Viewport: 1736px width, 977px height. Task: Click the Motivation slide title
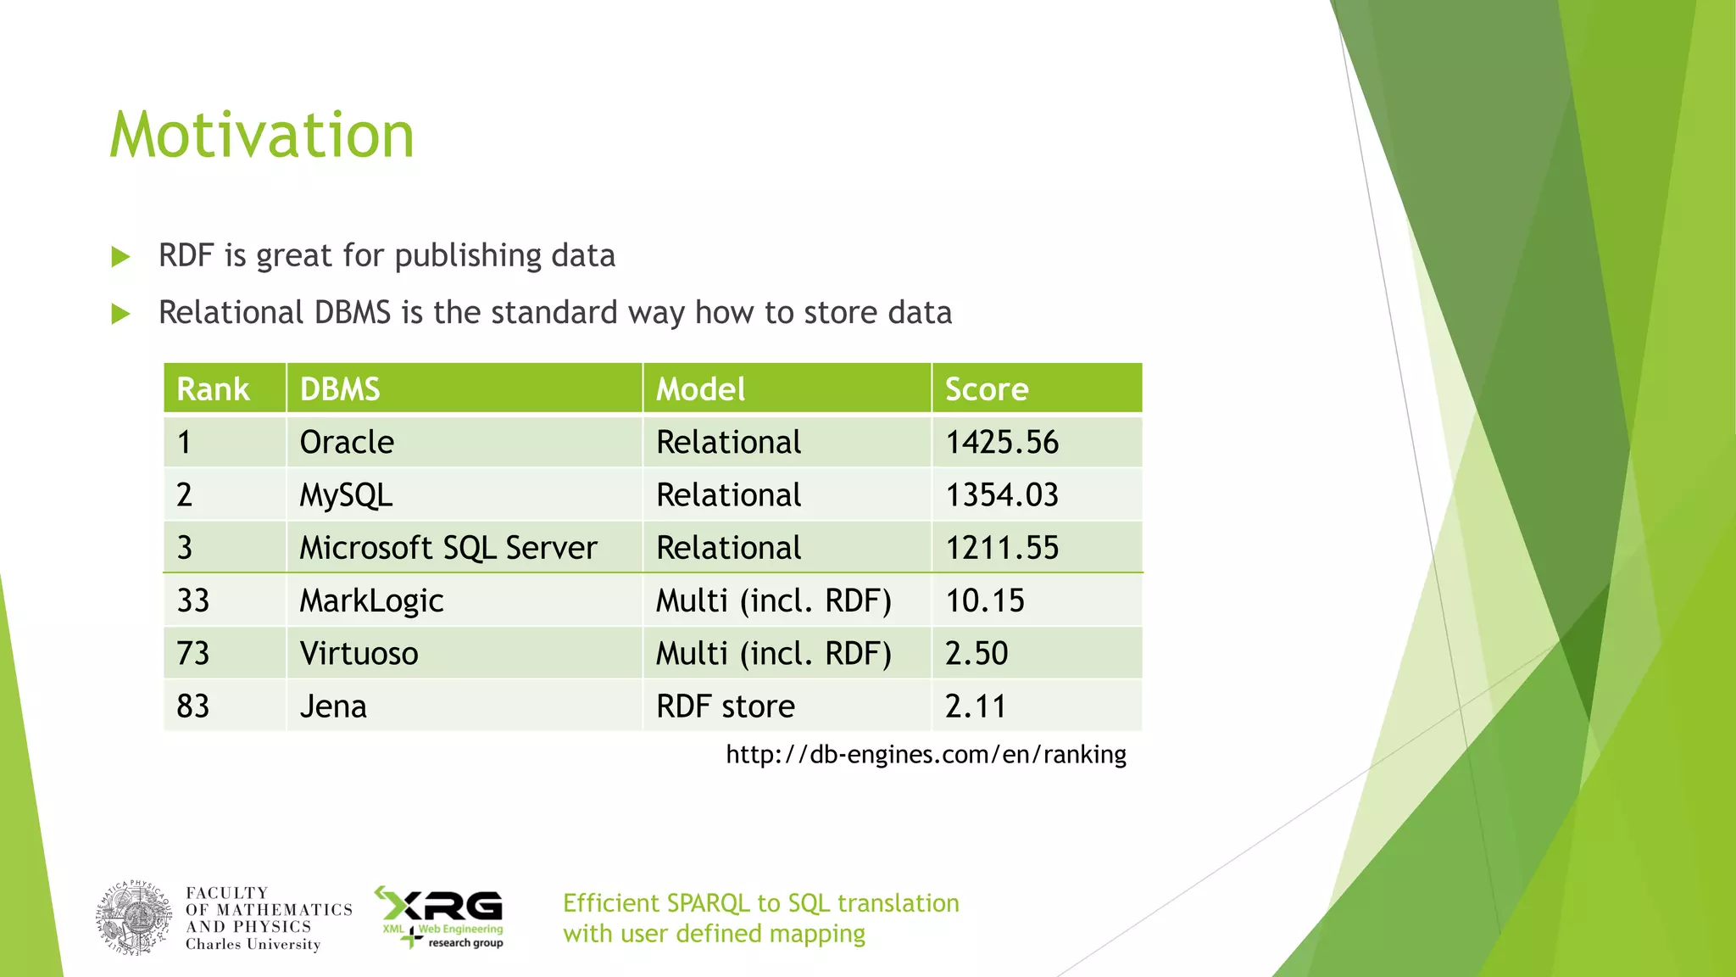pos(262,136)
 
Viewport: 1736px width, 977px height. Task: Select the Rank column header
pos(213,389)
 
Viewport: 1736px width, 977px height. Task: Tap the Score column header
pos(987,389)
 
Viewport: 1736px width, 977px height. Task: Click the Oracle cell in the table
pos(347,443)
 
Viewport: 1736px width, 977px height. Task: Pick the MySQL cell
pos(346,495)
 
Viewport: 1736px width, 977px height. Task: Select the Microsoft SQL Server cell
pos(448,548)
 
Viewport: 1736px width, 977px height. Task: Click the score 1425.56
pos(1002,443)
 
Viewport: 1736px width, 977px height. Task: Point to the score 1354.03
pos(1002,495)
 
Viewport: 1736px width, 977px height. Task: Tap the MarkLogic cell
pos(371,601)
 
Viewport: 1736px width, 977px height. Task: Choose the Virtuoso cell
pos(359,654)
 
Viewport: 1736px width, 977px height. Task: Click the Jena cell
pos(333,706)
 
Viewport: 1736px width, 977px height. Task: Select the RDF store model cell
pos(726,706)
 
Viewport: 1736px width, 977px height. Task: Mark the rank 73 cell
pos(193,654)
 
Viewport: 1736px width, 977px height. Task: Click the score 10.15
pos(985,601)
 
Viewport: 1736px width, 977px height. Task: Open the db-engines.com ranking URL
pos(926,754)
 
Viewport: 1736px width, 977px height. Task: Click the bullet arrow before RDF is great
pos(121,256)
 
